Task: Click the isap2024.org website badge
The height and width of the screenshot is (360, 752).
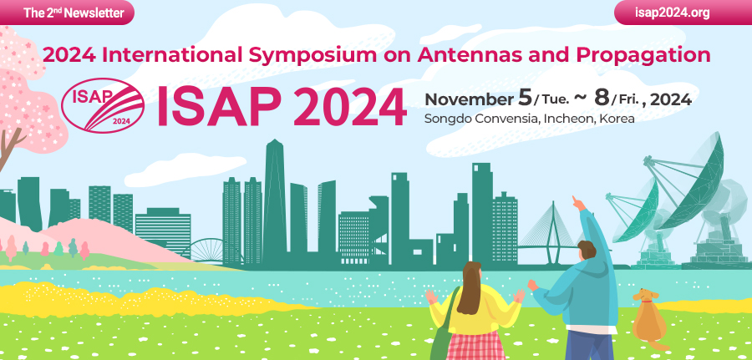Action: click(x=679, y=13)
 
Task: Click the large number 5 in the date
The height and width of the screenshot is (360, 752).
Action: click(x=525, y=97)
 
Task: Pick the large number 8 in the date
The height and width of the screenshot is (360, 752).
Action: click(x=601, y=97)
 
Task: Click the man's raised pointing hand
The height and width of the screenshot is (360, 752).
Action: click(x=577, y=201)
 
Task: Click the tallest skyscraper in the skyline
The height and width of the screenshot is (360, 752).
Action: click(x=275, y=196)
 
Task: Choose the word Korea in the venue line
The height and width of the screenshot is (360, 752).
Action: click(x=617, y=119)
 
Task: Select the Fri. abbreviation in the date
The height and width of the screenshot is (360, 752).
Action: click(x=628, y=100)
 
